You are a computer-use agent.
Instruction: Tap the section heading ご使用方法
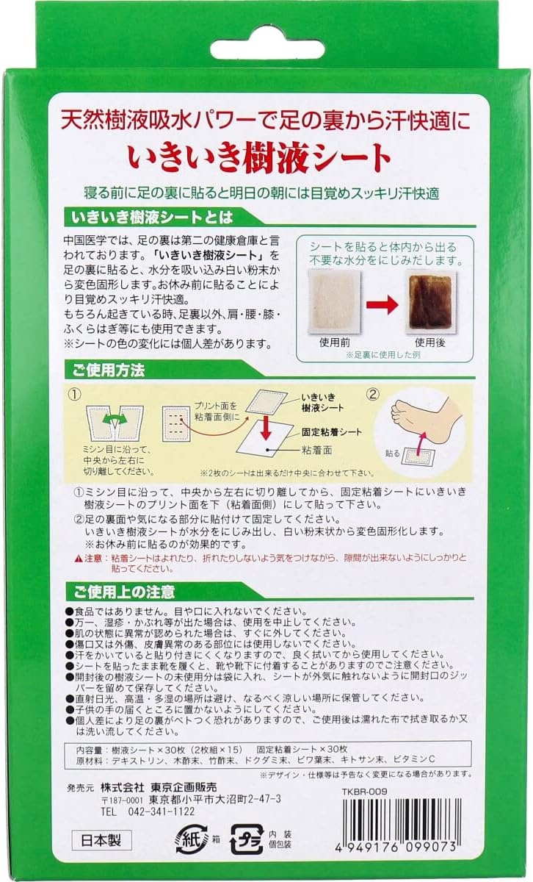coord(108,370)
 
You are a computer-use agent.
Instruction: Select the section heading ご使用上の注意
coord(123,592)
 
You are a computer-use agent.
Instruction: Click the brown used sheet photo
coord(430,302)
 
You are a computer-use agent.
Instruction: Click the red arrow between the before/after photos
coord(382,304)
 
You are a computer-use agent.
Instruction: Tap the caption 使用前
coord(334,343)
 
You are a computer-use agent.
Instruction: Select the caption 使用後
coord(430,343)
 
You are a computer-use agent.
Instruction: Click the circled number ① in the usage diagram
coord(75,395)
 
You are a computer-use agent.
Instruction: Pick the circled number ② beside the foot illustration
coord(373,395)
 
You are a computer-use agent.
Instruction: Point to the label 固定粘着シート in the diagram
coord(331,432)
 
